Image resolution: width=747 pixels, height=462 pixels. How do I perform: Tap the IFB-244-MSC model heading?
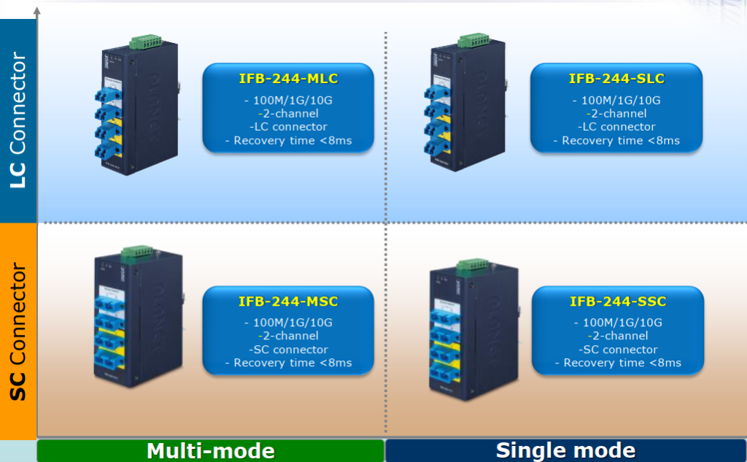click(x=288, y=301)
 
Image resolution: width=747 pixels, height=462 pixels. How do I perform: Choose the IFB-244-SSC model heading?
click(x=618, y=301)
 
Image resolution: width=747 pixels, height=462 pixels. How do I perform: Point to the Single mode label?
click(x=565, y=450)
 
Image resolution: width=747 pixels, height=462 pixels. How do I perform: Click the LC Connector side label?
click(x=18, y=120)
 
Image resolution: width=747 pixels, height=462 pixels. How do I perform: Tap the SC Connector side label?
click(x=18, y=332)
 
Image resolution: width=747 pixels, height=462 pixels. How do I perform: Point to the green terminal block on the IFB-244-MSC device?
click(x=136, y=253)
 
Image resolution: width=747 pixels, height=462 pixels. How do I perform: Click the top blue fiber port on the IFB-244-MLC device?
click(x=107, y=96)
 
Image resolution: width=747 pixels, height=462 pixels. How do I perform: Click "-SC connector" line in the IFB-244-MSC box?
click(x=288, y=350)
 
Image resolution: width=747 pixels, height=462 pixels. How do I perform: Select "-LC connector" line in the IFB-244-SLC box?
click(x=616, y=127)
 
